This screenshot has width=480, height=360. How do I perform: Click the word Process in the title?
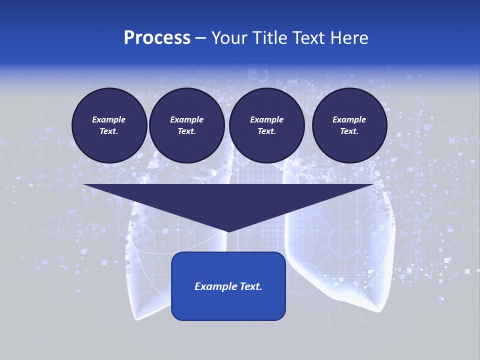tap(157, 38)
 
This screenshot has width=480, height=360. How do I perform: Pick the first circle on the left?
tap(109, 125)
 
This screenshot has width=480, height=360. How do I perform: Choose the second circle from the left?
tap(186, 125)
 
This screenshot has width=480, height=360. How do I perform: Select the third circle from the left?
tap(266, 125)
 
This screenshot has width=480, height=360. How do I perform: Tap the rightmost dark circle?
tap(349, 125)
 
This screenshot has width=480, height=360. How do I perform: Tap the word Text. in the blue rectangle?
tap(250, 286)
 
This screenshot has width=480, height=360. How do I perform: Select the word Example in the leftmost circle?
tap(109, 119)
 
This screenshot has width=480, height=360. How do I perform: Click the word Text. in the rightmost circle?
tap(349, 131)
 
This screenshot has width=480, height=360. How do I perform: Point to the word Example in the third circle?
tap(266, 119)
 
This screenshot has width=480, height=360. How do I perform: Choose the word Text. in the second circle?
tap(186, 131)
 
